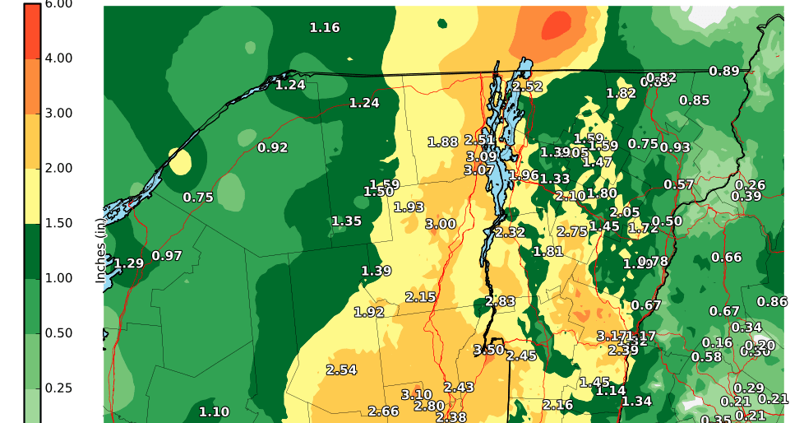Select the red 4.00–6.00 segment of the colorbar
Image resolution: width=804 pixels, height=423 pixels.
click(32, 31)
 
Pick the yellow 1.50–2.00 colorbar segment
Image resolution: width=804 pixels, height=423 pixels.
click(32, 196)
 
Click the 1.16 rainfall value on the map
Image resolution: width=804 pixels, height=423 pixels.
click(325, 28)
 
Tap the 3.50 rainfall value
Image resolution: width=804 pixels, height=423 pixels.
click(489, 350)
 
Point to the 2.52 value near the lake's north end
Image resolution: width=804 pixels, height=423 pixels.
click(527, 86)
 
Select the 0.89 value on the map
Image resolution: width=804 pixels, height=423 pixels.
click(724, 71)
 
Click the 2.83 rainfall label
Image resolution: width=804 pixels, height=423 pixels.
click(500, 301)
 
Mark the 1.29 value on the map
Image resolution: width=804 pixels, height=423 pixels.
click(128, 263)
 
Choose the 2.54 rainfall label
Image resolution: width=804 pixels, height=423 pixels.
click(341, 370)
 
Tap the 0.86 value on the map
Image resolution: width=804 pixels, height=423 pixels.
click(772, 302)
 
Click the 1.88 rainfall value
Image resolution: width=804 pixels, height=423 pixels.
click(443, 142)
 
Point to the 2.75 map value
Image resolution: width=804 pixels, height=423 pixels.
click(572, 232)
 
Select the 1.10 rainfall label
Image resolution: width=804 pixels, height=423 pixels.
click(214, 411)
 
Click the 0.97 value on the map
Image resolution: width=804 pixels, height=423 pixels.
click(167, 256)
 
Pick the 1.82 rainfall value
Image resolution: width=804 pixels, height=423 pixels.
click(621, 93)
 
